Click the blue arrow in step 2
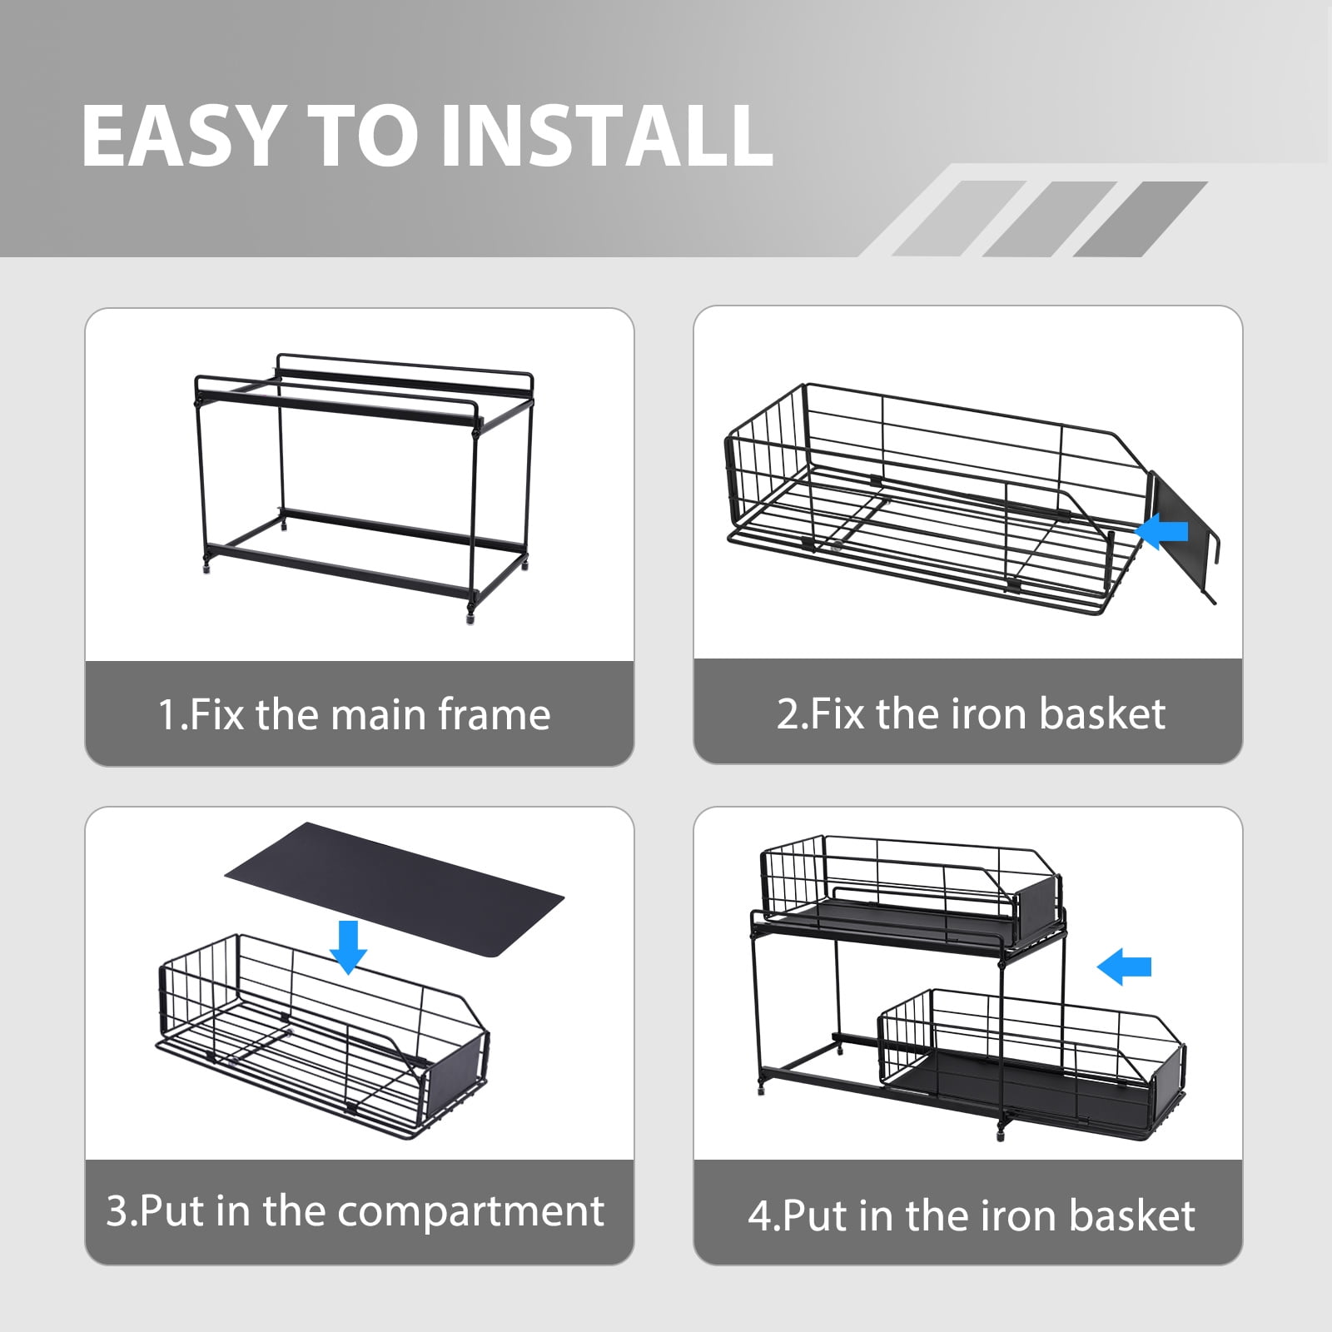[x=1162, y=531]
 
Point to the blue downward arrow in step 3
[x=348, y=947]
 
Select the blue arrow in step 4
[x=1124, y=967]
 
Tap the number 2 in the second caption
[x=787, y=714]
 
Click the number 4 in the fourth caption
[x=759, y=1216]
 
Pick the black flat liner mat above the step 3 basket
[x=395, y=889]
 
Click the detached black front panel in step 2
[x=1183, y=535]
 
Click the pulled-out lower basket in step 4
[x=1032, y=1063]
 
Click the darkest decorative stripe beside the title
[x=1141, y=219]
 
